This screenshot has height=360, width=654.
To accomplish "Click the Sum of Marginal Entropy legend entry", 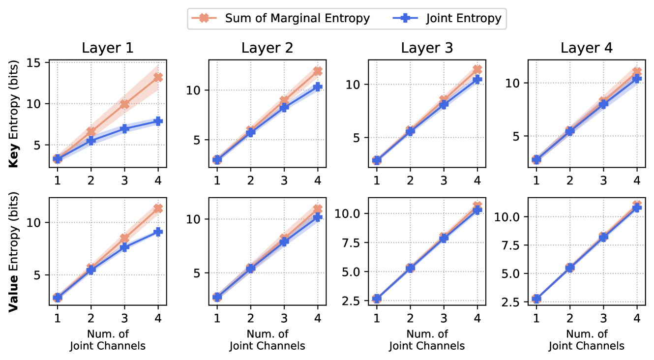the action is (x=280, y=18).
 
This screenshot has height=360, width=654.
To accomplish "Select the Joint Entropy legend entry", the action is (x=447, y=18).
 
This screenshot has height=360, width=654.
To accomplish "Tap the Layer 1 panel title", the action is (x=108, y=48).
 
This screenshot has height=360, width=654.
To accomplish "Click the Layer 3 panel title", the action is (x=427, y=48).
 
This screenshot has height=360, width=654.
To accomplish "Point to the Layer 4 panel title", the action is (x=587, y=48).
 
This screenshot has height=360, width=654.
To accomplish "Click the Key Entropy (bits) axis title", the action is (x=14, y=114).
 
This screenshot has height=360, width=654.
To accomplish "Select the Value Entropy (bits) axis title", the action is (x=14, y=252).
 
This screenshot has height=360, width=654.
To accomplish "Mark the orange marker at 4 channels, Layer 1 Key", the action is (x=158, y=77).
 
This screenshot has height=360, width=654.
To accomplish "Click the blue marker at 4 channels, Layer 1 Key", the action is (x=158, y=121).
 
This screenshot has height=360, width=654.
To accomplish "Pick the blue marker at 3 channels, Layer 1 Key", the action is (x=124, y=128).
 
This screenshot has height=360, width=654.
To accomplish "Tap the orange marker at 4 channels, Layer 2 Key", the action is (x=318, y=71).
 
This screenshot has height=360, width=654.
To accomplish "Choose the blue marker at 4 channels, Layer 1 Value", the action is (x=158, y=232).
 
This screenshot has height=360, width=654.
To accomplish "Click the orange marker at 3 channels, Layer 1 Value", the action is (x=124, y=238).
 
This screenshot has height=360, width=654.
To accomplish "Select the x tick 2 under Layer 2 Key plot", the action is (x=250, y=180).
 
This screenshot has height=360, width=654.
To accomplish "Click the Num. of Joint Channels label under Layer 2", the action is (x=268, y=340).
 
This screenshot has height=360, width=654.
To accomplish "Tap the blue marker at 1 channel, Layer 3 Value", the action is (x=377, y=299).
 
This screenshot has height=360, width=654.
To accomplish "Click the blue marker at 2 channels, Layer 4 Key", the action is (x=569, y=131).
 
